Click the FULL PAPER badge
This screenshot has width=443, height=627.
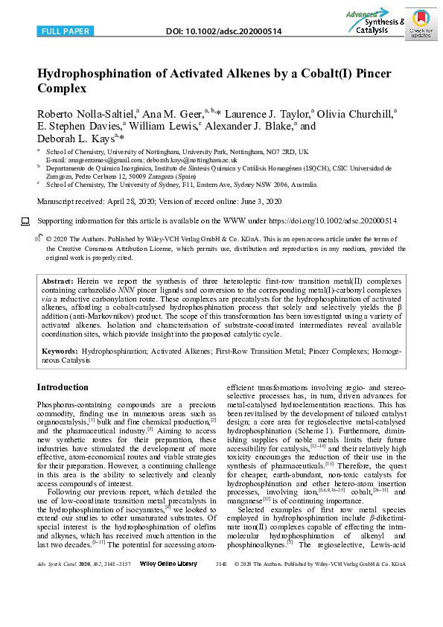tap(65, 31)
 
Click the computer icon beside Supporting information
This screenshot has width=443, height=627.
tap(25, 221)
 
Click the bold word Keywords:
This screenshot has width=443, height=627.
tap(60, 349)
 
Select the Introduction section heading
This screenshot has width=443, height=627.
tap(63, 387)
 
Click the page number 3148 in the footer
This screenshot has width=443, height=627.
tap(220, 606)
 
